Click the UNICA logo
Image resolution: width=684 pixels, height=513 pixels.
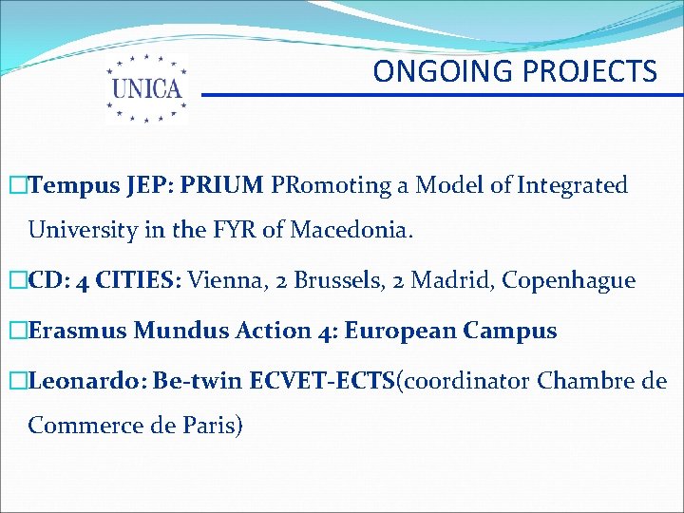pyautogui.click(x=146, y=87)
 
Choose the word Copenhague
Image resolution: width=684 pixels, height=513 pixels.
pyautogui.click(x=568, y=281)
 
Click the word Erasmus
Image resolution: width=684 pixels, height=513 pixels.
pyautogui.click(x=80, y=331)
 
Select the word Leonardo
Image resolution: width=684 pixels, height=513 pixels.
pyautogui.click(x=86, y=381)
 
